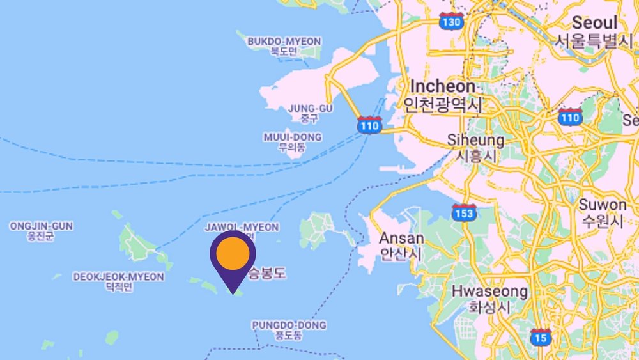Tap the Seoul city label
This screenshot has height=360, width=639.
coord(594,22)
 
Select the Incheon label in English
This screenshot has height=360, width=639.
coord(443,86)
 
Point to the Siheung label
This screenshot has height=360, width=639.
coord(475,139)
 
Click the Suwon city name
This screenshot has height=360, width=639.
coord(602,205)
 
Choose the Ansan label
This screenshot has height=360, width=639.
coord(401,238)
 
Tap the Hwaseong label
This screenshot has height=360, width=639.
coord(490,292)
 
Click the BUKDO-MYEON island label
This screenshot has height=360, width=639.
coord(284,42)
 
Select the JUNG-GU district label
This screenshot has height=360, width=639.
coord(311,108)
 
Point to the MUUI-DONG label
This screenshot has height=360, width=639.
coord(292,137)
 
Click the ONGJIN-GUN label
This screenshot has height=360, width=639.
coord(41,226)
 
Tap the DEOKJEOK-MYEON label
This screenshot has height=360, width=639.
coord(118,277)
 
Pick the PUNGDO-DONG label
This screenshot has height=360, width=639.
coord(289,325)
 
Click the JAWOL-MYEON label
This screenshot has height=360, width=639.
coord(242,227)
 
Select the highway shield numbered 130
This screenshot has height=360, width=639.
coord(450,22)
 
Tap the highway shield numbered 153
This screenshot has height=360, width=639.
coord(463,213)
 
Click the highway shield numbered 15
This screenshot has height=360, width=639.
coord(541,337)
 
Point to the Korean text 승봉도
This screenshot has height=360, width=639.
coord(267,274)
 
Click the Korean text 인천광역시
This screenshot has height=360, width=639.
coord(443,104)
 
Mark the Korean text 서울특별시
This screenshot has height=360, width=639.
coord(594,41)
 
